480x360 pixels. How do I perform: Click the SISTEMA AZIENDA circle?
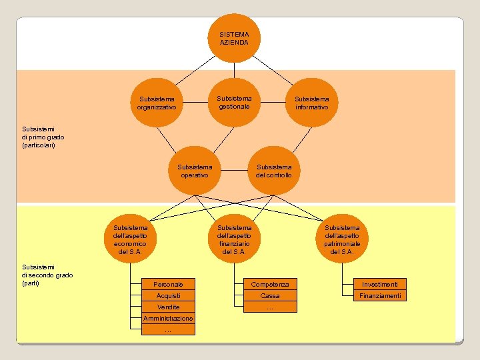[x=234, y=38]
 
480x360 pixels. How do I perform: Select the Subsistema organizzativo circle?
[x=157, y=103]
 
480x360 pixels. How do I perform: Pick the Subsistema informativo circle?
[x=311, y=103]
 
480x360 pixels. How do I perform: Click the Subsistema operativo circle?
[x=195, y=171]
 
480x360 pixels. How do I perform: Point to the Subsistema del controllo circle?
[x=273, y=171]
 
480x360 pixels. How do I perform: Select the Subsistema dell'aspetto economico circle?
[x=130, y=239]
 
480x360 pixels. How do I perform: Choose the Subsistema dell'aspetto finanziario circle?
[x=234, y=239]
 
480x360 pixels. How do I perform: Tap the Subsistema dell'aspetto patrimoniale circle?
[x=341, y=239]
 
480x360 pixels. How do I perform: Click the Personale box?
[x=168, y=284]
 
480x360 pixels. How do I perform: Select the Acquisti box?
[x=168, y=295]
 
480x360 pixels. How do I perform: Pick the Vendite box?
[x=168, y=307]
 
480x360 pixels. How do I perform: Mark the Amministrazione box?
[x=168, y=318]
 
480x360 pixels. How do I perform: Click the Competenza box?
[x=270, y=284]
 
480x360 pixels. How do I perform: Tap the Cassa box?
[x=270, y=295]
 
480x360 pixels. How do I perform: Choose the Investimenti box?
[x=379, y=284]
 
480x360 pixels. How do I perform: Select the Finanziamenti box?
[x=379, y=295]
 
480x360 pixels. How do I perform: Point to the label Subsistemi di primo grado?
[x=43, y=137]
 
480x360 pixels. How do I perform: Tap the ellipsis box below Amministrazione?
[x=168, y=329]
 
